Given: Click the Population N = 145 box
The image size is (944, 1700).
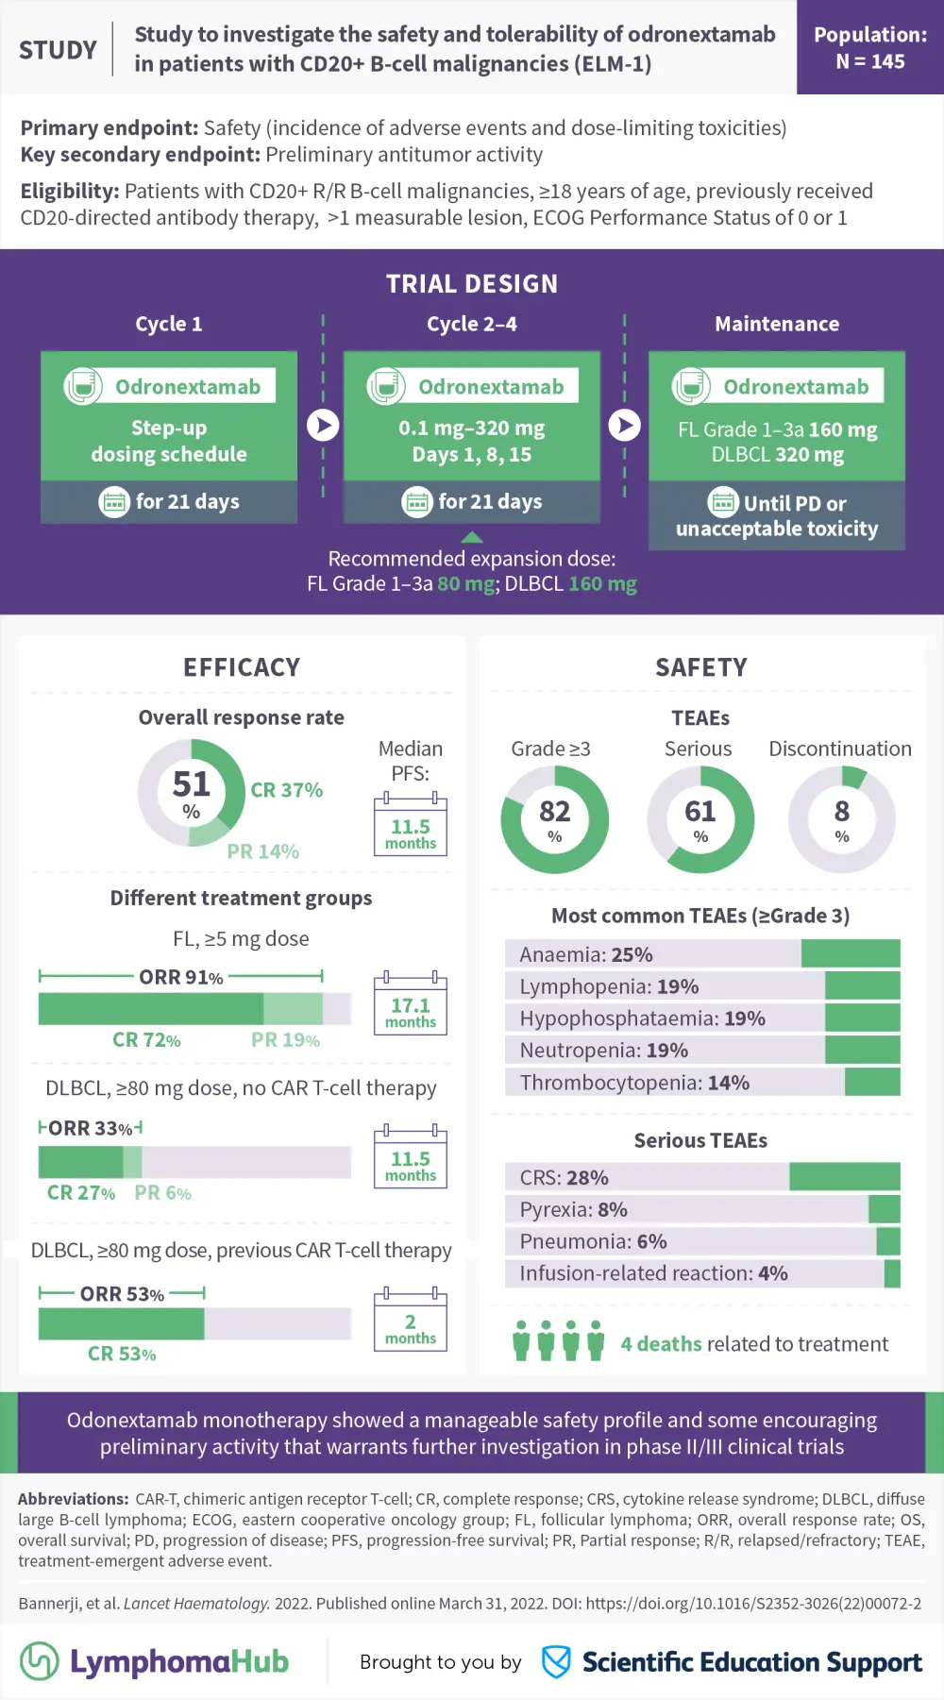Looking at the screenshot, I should [x=869, y=47].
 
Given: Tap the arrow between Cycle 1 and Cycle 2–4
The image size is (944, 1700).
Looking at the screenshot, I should [x=323, y=425].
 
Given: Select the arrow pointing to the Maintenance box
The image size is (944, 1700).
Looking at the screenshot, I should [x=624, y=425].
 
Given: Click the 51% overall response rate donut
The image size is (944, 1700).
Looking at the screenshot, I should [x=191, y=793].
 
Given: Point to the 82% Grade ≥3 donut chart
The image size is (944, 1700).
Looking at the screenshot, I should [x=554, y=819].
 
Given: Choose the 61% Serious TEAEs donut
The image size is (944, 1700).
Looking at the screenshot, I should [x=700, y=819].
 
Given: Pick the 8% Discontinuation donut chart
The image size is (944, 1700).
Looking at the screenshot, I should [x=841, y=819].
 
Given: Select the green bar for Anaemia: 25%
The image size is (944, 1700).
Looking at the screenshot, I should [x=851, y=953].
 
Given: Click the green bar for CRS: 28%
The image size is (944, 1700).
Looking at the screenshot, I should [x=844, y=1176].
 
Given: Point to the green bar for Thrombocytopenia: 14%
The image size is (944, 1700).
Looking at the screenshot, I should [x=872, y=1082].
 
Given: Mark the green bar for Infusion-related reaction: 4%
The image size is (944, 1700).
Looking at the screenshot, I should [x=892, y=1273].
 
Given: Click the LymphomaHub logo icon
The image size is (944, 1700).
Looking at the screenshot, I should [x=40, y=1661].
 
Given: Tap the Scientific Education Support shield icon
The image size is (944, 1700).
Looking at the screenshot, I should [x=556, y=1661].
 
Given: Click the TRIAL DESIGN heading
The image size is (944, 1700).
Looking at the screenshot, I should [x=472, y=283].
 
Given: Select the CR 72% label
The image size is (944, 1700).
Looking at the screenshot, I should [x=146, y=1040].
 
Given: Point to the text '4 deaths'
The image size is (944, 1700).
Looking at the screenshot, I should [x=661, y=1343].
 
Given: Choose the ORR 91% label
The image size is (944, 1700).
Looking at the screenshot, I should [x=180, y=977].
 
